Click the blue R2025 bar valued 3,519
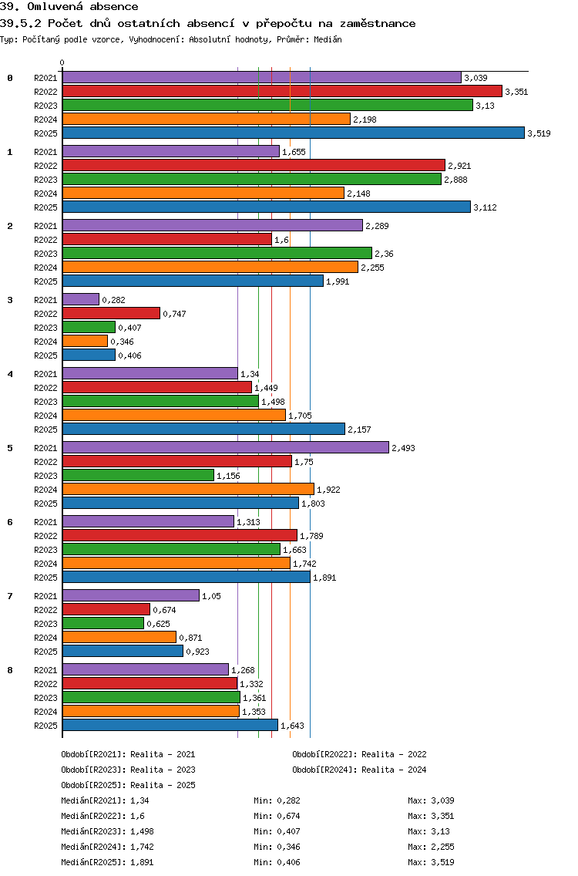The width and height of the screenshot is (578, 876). click(x=293, y=133)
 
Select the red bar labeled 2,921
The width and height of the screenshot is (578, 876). click(x=254, y=165)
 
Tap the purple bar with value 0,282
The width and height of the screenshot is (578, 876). click(x=81, y=299)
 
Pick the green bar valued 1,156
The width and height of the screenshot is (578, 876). click(x=138, y=475)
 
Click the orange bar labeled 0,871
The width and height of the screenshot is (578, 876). click(x=119, y=637)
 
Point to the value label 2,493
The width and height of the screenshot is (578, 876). click(x=403, y=448)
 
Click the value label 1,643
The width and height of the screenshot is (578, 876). click(x=292, y=726)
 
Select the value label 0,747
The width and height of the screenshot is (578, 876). click(x=174, y=314)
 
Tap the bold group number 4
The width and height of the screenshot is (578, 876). click(x=10, y=374)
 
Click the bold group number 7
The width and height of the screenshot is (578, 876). click(x=10, y=596)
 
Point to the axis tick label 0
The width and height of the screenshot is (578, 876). click(x=62, y=63)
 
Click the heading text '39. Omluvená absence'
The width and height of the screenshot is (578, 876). click(x=69, y=7)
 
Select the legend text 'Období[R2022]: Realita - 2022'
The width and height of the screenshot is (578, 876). click(x=359, y=754)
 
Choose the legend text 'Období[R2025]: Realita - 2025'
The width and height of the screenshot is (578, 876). click(x=128, y=785)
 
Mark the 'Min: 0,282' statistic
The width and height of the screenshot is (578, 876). click(x=277, y=800)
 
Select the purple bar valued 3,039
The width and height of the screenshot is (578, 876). click(x=262, y=77)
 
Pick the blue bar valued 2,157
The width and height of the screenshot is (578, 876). click(x=203, y=429)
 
